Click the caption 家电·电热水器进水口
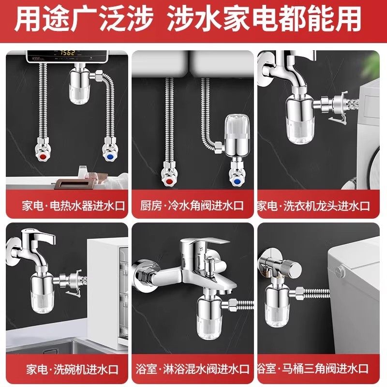pos(67,206)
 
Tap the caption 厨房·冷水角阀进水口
pos(193,206)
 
